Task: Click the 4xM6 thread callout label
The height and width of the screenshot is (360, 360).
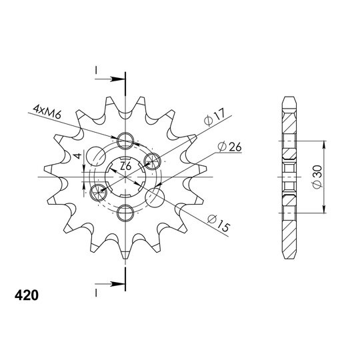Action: click(47, 112)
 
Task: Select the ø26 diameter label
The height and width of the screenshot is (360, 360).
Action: click(229, 147)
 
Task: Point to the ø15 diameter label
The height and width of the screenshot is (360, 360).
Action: click(219, 223)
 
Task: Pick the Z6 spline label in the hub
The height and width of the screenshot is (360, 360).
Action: click(126, 166)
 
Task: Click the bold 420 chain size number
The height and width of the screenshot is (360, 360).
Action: click(27, 295)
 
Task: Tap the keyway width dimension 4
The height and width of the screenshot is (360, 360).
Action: click(78, 156)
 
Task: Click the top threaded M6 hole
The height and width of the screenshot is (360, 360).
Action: click(125, 141)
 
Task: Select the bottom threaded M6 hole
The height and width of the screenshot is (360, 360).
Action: click(125, 213)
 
